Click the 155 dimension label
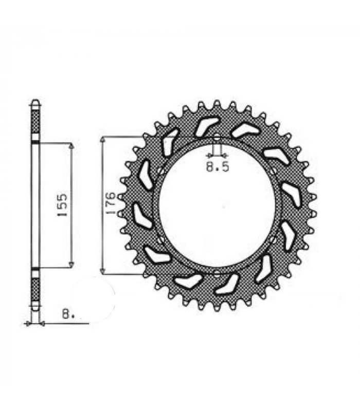(x=62, y=205)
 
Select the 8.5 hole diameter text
(x=217, y=166)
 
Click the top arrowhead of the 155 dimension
(x=71, y=146)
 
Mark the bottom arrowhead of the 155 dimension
(x=71, y=265)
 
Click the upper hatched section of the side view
(x=35, y=122)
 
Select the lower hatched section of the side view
(x=35, y=289)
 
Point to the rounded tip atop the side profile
(x=35, y=101)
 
